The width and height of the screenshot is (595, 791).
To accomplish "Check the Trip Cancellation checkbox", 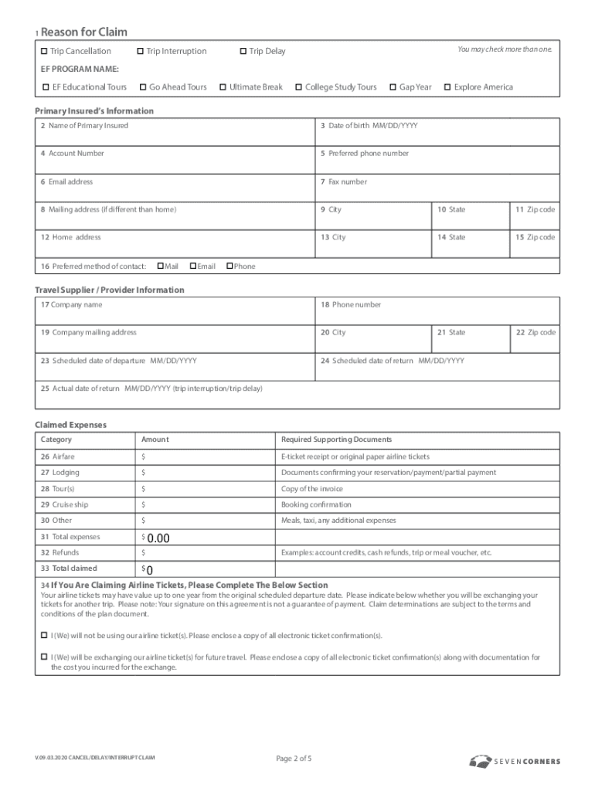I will point(44,51).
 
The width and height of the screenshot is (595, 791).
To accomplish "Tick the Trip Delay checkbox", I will point(243,51).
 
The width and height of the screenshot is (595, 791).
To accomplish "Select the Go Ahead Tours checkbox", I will point(143,87).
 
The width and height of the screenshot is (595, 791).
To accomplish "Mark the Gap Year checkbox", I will point(393,87).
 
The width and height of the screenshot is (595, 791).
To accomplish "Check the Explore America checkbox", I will point(447,87).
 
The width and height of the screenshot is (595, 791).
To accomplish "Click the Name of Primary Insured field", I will point(175,135).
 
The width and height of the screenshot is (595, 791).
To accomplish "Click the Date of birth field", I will point(437,135).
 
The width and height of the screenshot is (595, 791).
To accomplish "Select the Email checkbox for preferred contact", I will point(193,266).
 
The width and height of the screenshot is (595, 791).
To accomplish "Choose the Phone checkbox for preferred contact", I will point(229,266).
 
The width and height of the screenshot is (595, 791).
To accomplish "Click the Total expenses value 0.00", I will point(158,538).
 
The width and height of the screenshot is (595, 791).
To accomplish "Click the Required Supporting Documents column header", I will point(336,440).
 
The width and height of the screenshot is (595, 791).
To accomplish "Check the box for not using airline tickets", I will point(44,635).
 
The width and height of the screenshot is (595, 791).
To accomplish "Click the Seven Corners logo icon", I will point(480,761).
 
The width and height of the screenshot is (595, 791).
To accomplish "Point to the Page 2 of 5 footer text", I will point(294,759).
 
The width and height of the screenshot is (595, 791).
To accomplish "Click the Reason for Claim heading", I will point(83,32).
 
